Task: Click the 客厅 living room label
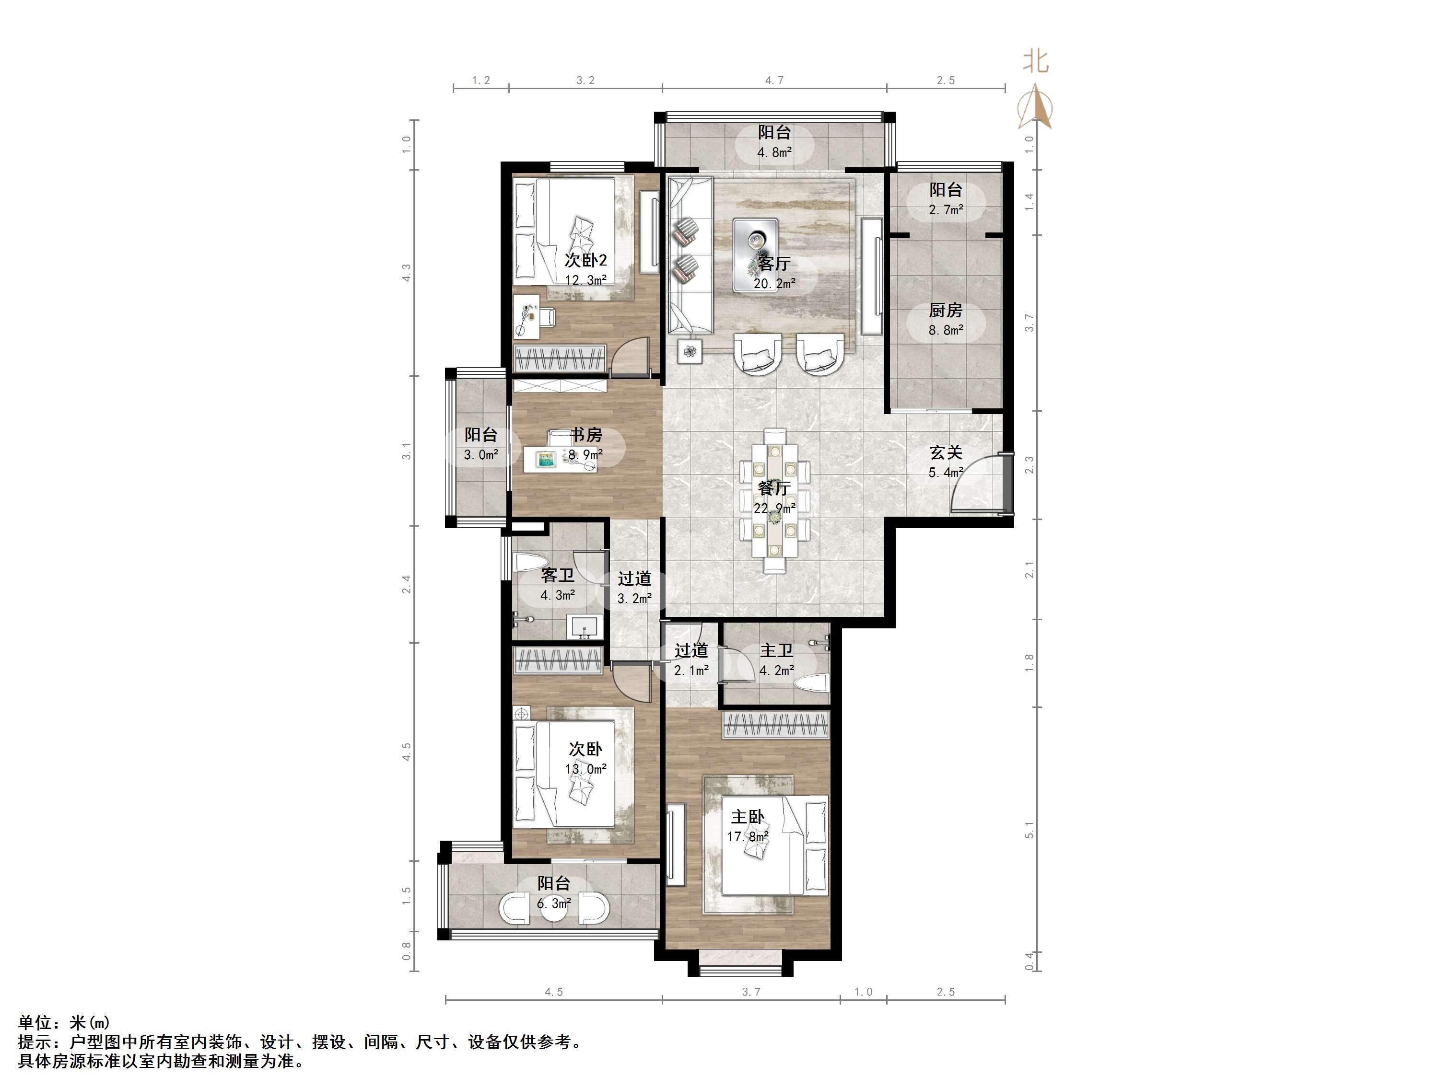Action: point(774,264)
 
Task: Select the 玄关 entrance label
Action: point(945,452)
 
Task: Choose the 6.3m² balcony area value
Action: point(554,904)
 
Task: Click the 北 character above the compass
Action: point(1036,62)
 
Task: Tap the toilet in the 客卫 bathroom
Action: point(530,562)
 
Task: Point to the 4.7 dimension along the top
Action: point(774,81)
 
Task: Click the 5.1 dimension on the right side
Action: point(1029,830)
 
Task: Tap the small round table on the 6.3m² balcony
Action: point(554,909)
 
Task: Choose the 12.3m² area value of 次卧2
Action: point(585,280)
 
